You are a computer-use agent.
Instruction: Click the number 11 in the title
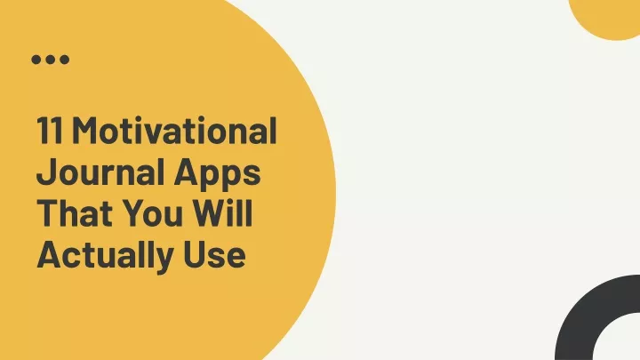[50, 130]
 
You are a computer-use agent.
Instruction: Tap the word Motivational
[175, 130]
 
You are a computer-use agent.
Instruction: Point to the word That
[75, 212]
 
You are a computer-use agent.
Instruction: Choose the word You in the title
[153, 212]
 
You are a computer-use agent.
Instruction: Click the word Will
[222, 212]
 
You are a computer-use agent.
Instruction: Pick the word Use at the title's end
[215, 254]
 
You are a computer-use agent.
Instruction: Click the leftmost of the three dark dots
[36, 60]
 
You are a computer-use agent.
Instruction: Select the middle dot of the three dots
[50, 60]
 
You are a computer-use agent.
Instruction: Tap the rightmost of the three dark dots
[65, 60]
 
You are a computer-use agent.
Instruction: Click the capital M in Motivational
[85, 130]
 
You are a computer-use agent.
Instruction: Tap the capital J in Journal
[45, 172]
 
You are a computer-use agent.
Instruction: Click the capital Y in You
[135, 213]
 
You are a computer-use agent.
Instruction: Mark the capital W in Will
[211, 213]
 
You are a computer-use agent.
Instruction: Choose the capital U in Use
[194, 255]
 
